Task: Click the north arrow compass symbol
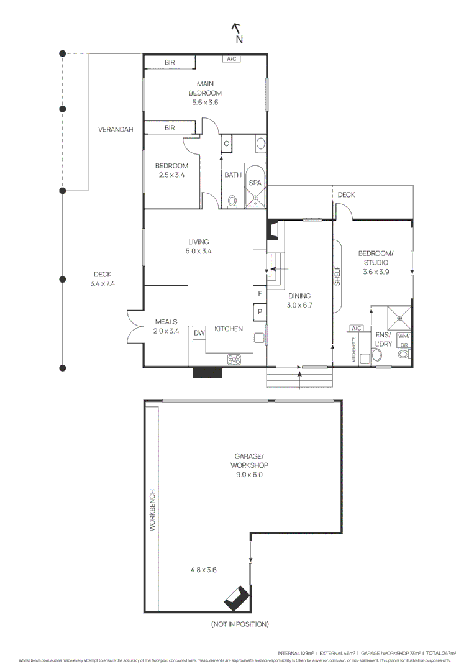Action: coord(237,33)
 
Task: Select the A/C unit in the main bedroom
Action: coord(232,59)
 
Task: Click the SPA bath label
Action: coord(255,183)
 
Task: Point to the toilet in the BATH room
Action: coord(232,201)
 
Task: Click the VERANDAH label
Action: coord(116,130)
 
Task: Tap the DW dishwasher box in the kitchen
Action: coord(199,333)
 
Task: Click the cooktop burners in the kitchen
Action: coord(235,358)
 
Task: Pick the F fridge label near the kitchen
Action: coord(260,294)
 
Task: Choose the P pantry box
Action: coord(260,312)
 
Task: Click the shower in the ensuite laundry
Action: coord(400,317)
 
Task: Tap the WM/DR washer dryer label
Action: coord(404,340)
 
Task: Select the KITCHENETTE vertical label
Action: coord(354,350)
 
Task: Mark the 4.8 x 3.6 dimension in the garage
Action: coord(203,568)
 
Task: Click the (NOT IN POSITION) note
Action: coord(239,624)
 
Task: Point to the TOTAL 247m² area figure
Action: coord(441,654)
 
